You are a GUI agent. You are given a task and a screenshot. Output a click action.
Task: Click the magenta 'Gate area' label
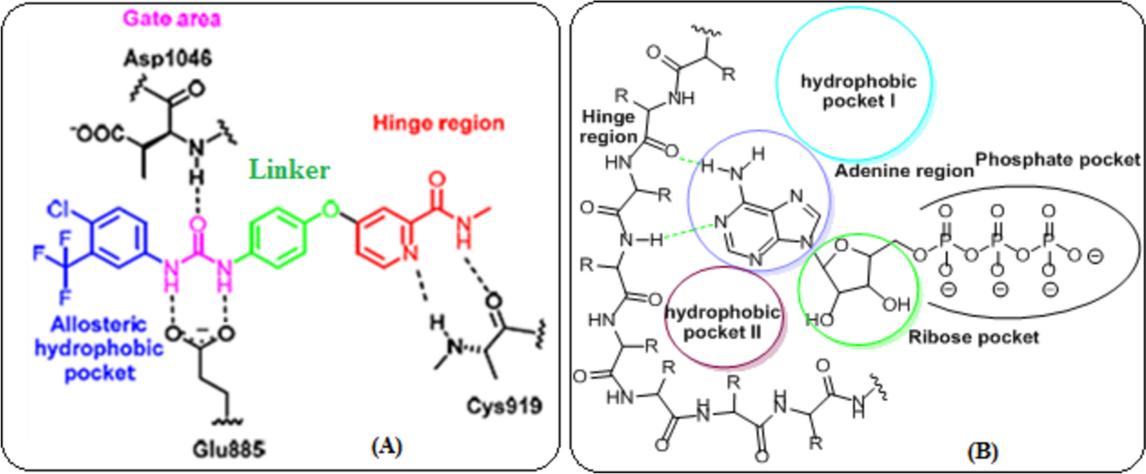(172, 19)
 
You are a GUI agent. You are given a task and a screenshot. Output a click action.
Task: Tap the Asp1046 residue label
(168, 58)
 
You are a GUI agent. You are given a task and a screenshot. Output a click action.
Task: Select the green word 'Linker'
(289, 170)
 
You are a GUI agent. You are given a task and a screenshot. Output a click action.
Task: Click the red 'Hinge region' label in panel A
(438, 123)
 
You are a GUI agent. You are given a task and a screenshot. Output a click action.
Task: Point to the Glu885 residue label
(228, 449)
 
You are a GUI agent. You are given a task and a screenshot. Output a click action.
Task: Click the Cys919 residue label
(504, 405)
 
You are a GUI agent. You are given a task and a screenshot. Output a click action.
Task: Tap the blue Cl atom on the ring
(59, 209)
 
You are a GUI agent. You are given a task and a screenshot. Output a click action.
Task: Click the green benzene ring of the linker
(278, 237)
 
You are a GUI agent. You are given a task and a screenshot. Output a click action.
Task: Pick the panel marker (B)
(982, 451)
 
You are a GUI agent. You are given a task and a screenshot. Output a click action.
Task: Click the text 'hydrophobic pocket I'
(858, 91)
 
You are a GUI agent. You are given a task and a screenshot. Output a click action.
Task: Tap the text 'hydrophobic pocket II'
(722, 322)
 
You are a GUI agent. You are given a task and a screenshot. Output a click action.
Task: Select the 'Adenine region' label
(904, 171)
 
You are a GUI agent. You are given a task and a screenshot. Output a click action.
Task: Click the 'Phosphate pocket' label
(1058, 160)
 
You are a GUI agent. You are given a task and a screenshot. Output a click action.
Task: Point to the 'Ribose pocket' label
(974, 337)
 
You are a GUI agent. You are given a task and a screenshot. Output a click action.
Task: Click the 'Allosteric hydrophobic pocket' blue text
(99, 348)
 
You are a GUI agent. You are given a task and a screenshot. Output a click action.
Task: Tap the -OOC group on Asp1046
(97, 134)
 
